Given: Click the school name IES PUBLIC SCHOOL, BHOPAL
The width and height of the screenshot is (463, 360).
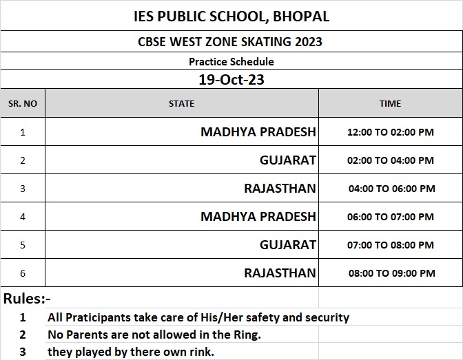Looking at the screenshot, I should [231, 16].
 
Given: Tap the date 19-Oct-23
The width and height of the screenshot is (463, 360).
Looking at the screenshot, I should [231, 79].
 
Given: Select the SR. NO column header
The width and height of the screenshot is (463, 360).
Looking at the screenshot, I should [23, 103].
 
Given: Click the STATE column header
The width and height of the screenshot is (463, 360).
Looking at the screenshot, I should [181, 103].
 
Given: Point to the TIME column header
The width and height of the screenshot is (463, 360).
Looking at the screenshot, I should [390, 103].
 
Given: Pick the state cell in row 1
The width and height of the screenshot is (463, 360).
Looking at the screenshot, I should [258, 131].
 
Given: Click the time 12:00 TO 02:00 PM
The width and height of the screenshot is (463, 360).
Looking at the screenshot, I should [391, 132].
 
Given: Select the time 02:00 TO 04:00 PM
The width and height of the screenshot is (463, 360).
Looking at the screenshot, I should [391, 160].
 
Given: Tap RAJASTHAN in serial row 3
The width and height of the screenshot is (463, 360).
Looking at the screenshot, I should [280, 188].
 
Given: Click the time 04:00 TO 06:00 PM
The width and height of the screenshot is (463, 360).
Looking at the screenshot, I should [391, 189].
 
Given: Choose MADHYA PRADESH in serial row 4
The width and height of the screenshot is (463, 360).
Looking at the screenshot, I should [258, 216].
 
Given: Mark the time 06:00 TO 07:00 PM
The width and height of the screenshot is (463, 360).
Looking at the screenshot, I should [391, 217].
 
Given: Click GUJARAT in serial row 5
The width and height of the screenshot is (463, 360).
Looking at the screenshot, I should [287, 244].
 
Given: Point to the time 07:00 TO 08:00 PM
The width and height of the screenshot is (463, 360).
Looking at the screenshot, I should [391, 245].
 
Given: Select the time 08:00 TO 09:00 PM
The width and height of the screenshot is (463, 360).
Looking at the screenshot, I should [391, 273].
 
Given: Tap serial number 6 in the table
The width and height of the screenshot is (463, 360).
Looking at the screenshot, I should [23, 273].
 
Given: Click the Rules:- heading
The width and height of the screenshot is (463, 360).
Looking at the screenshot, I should [28, 299].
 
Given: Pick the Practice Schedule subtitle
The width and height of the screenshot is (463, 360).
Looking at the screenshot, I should [231, 61].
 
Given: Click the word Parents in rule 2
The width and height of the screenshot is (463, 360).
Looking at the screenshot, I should [86, 335].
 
